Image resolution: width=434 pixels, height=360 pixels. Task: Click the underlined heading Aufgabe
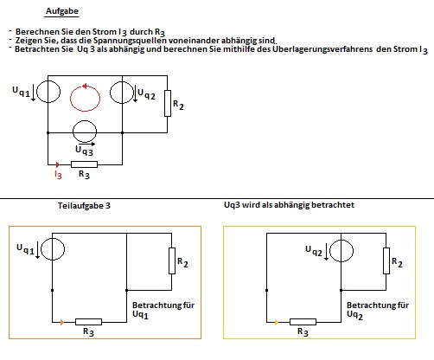point(62,11)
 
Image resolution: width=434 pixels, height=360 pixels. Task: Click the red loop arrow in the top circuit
point(71,98)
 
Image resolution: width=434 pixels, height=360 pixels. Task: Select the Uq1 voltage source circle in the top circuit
point(48,92)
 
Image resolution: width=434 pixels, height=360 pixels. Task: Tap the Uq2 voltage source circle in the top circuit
point(122,93)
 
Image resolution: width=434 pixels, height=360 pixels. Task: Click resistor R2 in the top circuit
point(168,103)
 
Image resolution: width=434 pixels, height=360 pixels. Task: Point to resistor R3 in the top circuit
point(84,164)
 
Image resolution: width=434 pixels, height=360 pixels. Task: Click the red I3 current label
point(58,175)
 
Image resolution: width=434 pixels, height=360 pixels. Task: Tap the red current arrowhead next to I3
point(58,164)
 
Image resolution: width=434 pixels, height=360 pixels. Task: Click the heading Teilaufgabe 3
point(84,206)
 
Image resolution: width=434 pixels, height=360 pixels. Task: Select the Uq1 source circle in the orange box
point(53,249)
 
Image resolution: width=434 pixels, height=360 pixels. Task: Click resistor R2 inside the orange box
point(172,260)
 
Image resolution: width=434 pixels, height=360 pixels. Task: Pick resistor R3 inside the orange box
point(88,322)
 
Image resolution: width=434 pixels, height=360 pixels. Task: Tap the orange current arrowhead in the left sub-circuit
point(62,322)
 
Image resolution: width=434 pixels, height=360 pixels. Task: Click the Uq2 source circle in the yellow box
point(341,250)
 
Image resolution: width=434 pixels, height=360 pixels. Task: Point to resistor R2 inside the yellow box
point(386,260)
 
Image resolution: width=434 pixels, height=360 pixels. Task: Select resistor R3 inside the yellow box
point(303,322)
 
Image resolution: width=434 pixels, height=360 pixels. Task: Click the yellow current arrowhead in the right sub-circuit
point(277,322)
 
